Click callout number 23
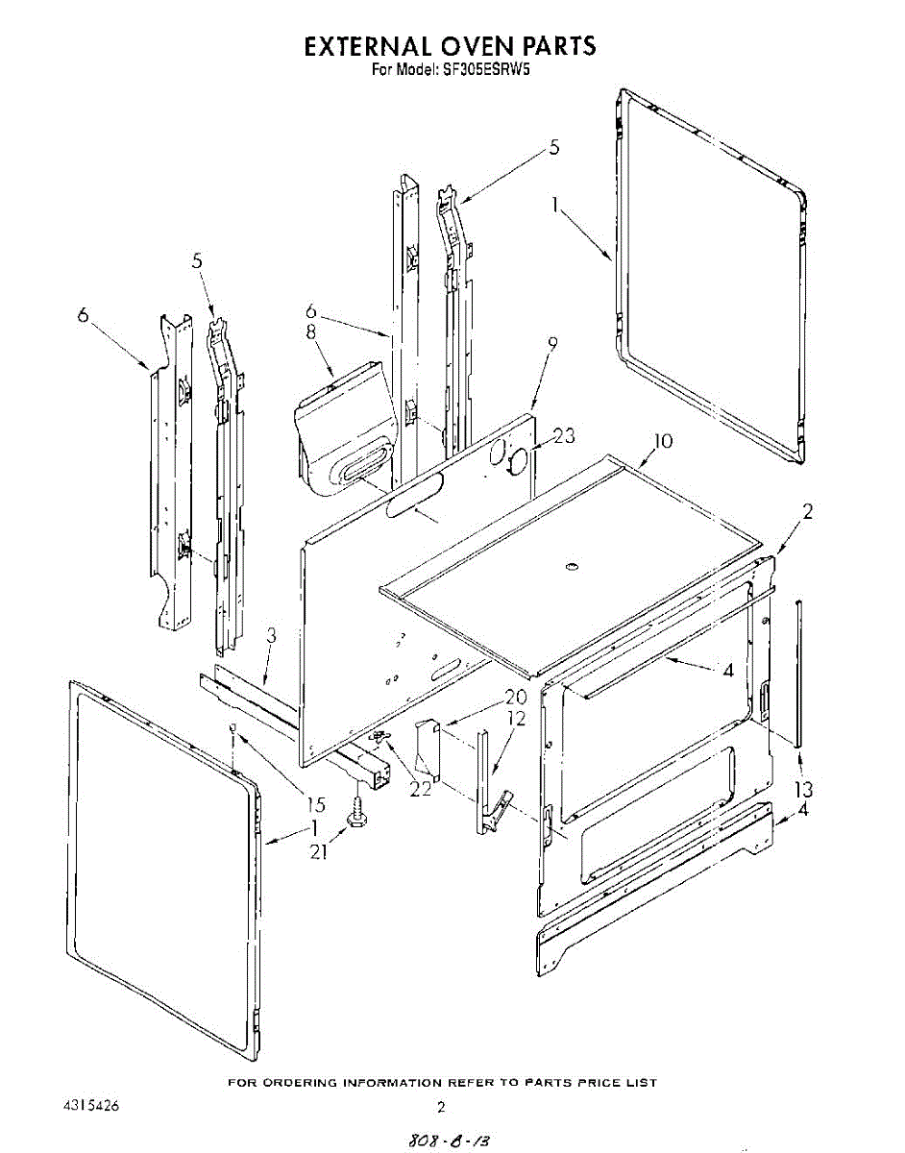[565, 435]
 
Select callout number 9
[551, 343]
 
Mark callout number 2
[807, 512]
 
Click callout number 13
[803, 789]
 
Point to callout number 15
[315, 804]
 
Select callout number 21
[319, 852]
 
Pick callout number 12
[516, 719]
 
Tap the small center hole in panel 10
[573, 571]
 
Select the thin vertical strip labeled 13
[798, 673]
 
